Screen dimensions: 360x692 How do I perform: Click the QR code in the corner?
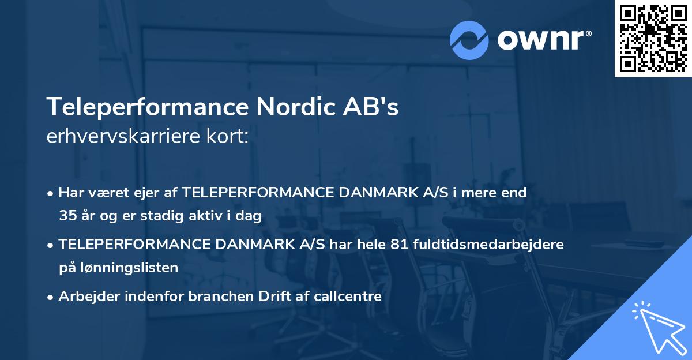(653, 38)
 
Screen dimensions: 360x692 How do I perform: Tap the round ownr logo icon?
(469, 40)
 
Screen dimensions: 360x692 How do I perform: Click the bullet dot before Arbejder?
(51, 297)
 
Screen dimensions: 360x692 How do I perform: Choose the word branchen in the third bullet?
(219, 297)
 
